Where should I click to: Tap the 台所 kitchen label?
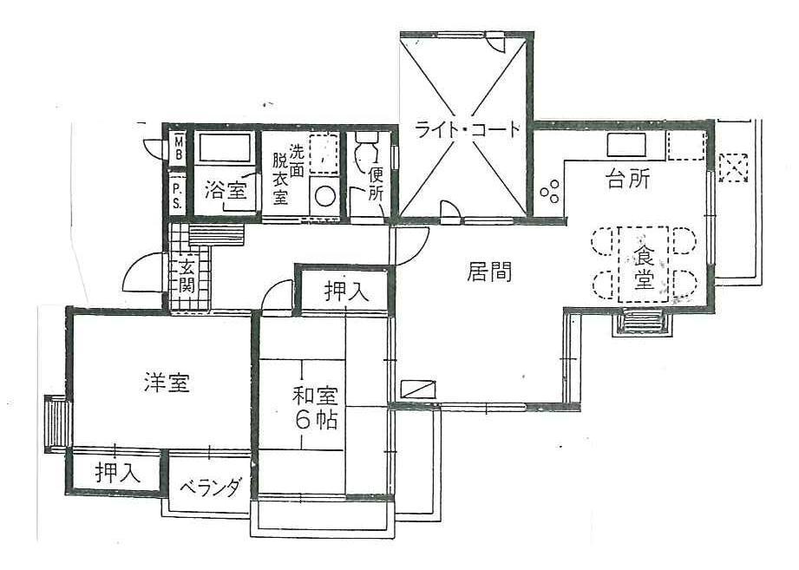point(627,180)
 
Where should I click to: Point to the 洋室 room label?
point(167,382)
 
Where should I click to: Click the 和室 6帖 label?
point(314,408)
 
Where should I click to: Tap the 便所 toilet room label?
point(376,184)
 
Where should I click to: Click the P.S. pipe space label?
point(177,195)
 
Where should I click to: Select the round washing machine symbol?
point(326,196)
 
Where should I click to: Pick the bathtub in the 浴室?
point(224,147)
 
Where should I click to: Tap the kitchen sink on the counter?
point(625,144)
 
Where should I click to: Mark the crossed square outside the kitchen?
point(733,167)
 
